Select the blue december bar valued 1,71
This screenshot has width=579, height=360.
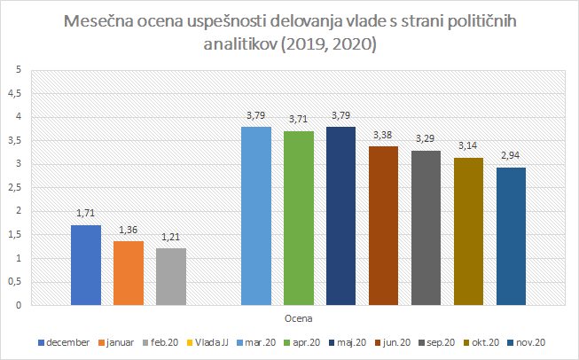[x=86, y=265]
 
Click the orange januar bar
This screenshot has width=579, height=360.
[x=129, y=273]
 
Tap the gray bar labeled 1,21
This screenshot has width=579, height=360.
[x=171, y=277]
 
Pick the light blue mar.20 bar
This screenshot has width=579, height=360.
[x=256, y=216]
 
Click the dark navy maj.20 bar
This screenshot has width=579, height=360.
[x=341, y=216]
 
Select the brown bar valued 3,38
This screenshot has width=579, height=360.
[x=384, y=226]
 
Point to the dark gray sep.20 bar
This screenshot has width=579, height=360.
[x=426, y=228]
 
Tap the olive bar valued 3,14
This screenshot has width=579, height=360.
[x=469, y=231]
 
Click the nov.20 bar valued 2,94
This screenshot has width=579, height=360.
[x=512, y=236]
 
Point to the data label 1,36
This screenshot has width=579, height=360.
[x=129, y=231]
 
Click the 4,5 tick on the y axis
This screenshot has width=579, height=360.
[x=13, y=93]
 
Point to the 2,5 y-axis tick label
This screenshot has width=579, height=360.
[x=13, y=187]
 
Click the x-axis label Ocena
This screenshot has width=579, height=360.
[x=299, y=316]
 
